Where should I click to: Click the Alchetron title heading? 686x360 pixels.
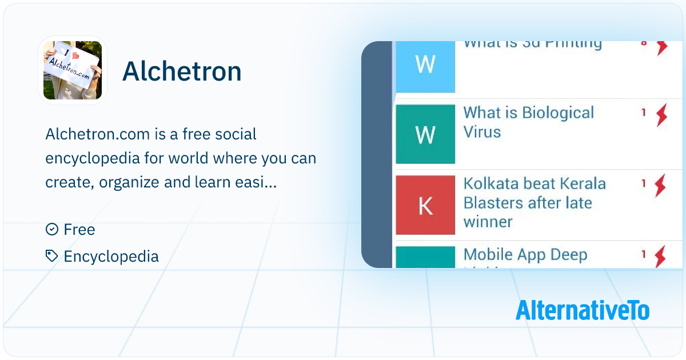182,72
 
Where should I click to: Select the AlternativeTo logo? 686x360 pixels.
582,310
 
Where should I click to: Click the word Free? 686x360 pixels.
79,230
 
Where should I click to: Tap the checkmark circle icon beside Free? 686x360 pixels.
51,230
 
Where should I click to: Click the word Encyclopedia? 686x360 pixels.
111,257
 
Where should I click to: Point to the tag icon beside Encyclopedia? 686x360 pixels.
51,256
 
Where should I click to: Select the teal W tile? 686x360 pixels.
425,134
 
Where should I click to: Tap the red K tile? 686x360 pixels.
425,205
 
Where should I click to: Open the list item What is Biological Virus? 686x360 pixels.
528,122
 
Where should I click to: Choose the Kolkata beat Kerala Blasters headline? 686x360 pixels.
534,202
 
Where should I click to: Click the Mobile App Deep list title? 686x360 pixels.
525,255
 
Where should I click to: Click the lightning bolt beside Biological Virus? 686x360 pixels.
661,115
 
